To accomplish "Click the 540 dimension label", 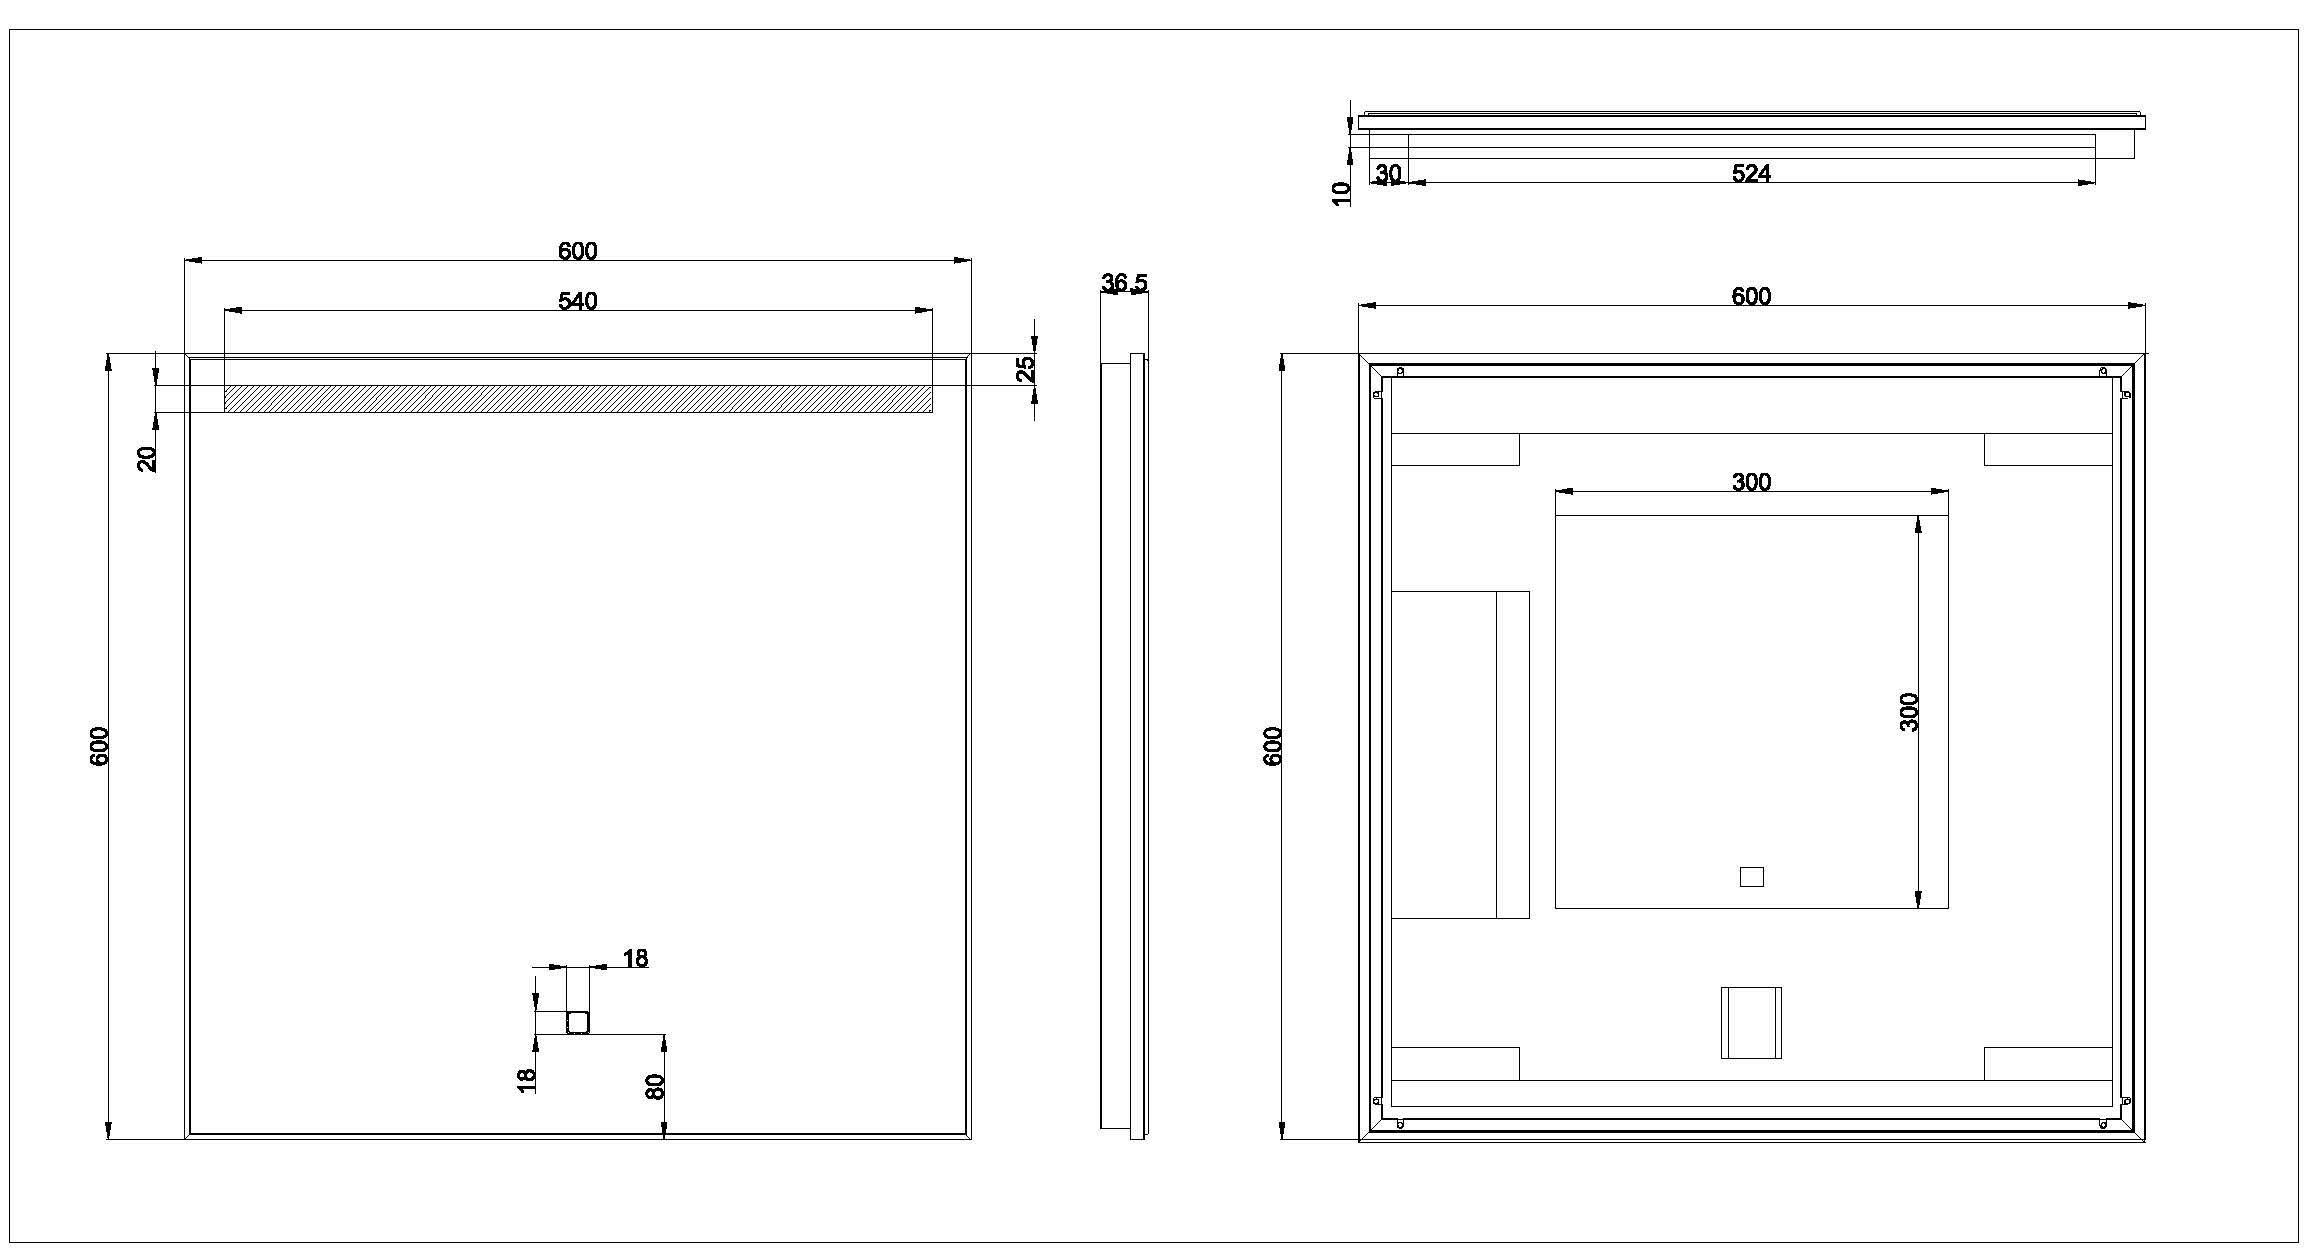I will pos(577,301).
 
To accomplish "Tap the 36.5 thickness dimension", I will pos(1124,283).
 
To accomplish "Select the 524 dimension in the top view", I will pos(1751,174).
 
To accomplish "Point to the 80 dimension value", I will pos(656,1086).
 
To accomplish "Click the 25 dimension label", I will pos(1026,369).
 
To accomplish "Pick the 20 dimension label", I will pos(147,458).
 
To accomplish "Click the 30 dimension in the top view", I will pos(1388,174).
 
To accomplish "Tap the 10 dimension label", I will pos(1342,193).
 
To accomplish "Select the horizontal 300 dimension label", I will pos(1751,482).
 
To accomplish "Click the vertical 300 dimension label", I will pos(1909,712).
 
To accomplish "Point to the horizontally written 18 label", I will pos(635,959).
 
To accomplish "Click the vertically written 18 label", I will pos(527,1080).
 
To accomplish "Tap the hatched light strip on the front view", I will pos(578,399).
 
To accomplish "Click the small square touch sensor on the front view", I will pos(578,1022).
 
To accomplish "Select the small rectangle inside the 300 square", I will pos(1751,877).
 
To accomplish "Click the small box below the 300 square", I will pos(1751,1022).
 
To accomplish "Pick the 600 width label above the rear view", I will pos(1751,296).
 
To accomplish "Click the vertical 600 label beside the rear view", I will pos(1273,746).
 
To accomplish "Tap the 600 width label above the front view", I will pos(577,251).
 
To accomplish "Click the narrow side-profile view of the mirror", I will pos(1125,746).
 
